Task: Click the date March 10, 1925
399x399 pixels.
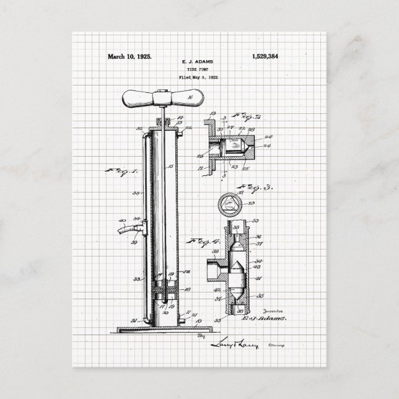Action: coord(129,56)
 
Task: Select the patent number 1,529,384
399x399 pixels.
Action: coord(266,56)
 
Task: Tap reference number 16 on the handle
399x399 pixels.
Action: coord(189,97)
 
